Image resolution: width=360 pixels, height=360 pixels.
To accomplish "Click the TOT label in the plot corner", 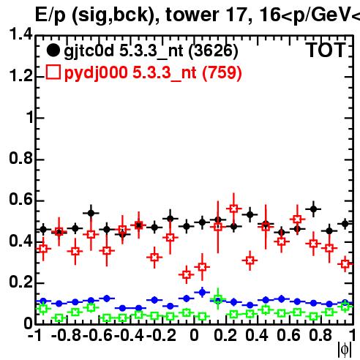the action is coord(326,50).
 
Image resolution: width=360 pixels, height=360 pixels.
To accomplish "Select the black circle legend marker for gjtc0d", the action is coord(53,50).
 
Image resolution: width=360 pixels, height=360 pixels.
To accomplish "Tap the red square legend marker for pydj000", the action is coord(53,72).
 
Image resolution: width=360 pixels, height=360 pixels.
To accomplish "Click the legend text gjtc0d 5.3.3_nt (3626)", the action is coord(151,51).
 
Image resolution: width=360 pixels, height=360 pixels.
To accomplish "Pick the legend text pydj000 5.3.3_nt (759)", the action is coord(153,73).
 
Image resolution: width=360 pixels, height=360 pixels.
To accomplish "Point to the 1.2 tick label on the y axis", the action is coord(20,75).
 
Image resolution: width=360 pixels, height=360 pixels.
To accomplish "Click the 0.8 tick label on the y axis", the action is coord(20,158).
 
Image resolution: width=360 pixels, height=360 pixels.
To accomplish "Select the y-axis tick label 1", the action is coord(29,117).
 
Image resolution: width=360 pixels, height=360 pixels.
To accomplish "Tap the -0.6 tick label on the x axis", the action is coord(97,335).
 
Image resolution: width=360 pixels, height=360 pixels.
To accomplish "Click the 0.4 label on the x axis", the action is coord(257,335).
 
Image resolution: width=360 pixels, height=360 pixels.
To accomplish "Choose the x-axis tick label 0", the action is coord(194,335).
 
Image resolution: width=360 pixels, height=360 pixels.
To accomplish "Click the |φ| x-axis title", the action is coord(345,350).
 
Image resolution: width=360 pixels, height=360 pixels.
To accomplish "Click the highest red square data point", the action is coord(233,209).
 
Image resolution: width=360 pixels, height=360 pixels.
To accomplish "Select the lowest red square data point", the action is coord(187,275).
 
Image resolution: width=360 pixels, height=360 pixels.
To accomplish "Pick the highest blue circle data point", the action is coord(202,292).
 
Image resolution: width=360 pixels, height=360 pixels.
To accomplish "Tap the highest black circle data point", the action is coord(314,209).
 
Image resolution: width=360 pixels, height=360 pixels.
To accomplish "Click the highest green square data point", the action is coord(218,299).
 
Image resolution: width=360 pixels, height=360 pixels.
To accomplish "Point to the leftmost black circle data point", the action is coord(43,230).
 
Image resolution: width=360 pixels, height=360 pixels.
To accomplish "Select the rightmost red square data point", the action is coord(345,264).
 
